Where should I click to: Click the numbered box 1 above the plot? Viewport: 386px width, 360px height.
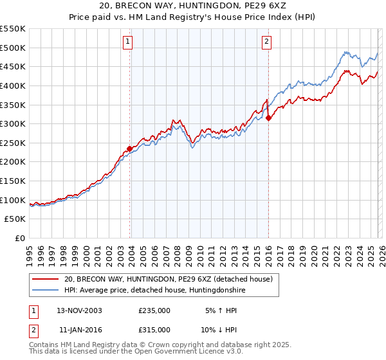(x=127, y=42)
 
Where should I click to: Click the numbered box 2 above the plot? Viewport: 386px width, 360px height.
(x=266, y=42)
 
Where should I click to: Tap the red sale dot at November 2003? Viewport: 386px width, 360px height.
(x=130, y=148)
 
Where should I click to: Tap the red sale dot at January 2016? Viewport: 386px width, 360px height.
(x=268, y=118)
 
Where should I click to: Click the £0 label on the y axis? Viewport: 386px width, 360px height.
(x=20, y=239)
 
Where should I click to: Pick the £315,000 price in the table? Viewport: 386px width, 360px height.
(x=154, y=329)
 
